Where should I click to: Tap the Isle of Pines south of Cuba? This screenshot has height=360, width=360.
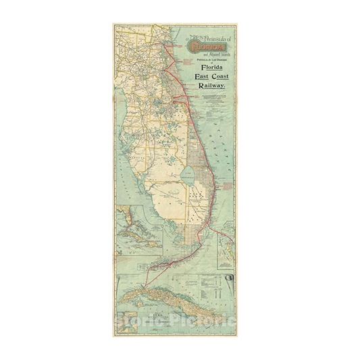point(138,302)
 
